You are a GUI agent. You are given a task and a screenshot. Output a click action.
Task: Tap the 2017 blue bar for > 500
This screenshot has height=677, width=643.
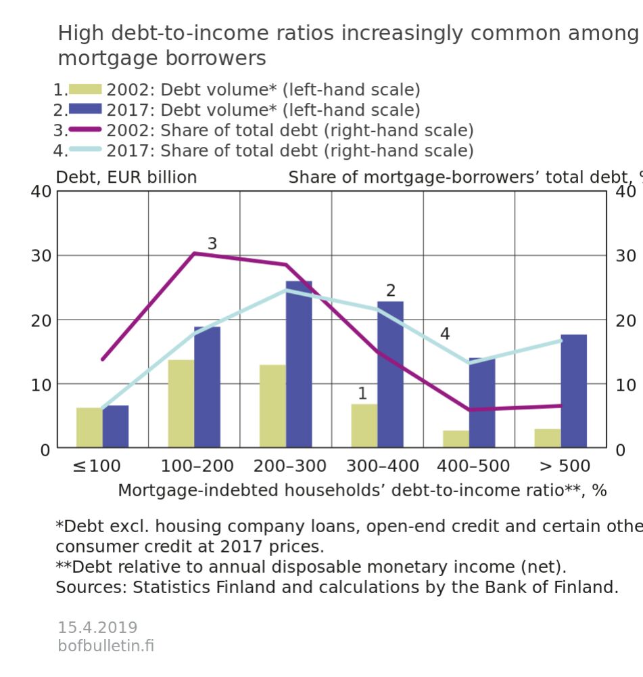[573, 391]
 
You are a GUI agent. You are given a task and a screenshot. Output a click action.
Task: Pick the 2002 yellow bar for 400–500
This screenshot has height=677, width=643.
[456, 439]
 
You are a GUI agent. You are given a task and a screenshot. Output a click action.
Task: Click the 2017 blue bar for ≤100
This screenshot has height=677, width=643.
[116, 427]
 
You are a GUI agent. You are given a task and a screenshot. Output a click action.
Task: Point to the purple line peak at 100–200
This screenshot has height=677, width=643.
[194, 253]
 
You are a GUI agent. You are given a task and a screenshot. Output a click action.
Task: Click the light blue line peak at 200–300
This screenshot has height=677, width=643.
[285, 290]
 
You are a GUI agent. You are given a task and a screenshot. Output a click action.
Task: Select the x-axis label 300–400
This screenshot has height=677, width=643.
[383, 466]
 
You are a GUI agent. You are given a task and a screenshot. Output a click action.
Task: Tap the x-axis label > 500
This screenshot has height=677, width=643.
[565, 466]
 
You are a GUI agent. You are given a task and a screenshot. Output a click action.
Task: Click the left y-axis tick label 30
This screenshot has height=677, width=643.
[41, 256]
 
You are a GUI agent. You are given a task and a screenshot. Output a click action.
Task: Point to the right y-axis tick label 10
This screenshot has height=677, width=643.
[625, 385]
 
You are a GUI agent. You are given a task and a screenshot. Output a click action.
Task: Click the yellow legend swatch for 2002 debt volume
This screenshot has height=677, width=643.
[85, 89]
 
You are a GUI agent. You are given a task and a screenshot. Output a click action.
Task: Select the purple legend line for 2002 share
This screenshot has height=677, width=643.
[85, 129]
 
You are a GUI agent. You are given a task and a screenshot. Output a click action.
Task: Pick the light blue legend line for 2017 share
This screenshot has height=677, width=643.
[85, 150]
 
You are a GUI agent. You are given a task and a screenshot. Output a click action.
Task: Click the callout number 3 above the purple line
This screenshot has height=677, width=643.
[212, 244]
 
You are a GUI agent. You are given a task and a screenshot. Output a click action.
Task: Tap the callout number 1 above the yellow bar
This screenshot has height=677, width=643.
[362, 393]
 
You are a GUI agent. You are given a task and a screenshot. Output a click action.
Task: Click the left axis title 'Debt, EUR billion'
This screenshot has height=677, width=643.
[126, 177]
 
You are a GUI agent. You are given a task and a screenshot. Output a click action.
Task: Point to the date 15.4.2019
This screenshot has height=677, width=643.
[97, 628]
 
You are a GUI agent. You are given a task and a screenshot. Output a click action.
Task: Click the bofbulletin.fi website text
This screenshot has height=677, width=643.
[106, 646]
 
